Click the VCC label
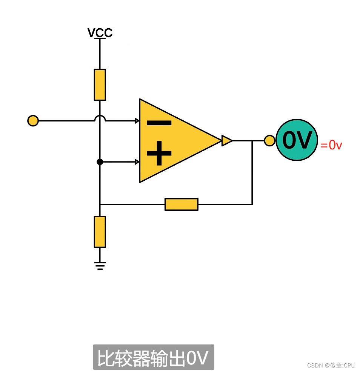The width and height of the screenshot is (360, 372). [x=100, y=33]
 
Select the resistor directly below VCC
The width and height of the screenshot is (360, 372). [x=100, y=85]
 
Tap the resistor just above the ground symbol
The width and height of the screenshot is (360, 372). [x=100, y=232]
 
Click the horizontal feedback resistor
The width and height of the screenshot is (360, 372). [x=182, y=204]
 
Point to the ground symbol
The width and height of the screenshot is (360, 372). [x=100, y=266]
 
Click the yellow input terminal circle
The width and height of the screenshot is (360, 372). [x=33, y=121]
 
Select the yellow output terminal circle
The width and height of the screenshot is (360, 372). [x=269, y=141]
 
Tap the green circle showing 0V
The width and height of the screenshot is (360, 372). [x=297, y=140]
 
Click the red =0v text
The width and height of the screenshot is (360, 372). [x=331, y=145]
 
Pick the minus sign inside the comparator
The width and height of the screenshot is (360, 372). [x=159, y=123]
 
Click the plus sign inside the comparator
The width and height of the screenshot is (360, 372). [x=159, y=153]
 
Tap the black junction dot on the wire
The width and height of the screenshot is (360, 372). [x=100, y=162]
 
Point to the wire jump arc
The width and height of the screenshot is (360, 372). [x=100, y=118]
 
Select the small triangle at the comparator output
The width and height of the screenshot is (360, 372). [x=226, y=141]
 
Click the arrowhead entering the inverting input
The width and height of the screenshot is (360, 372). [x=137, y=121]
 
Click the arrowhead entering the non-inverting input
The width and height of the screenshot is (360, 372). [x=137, y=162]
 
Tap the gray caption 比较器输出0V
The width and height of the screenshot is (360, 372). [x=154, y=357]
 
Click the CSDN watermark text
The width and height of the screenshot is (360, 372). [x=331, y=365]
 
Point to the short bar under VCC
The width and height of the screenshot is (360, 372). [x=100, y=39]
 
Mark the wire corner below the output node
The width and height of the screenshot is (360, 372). [x=252, y=204]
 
